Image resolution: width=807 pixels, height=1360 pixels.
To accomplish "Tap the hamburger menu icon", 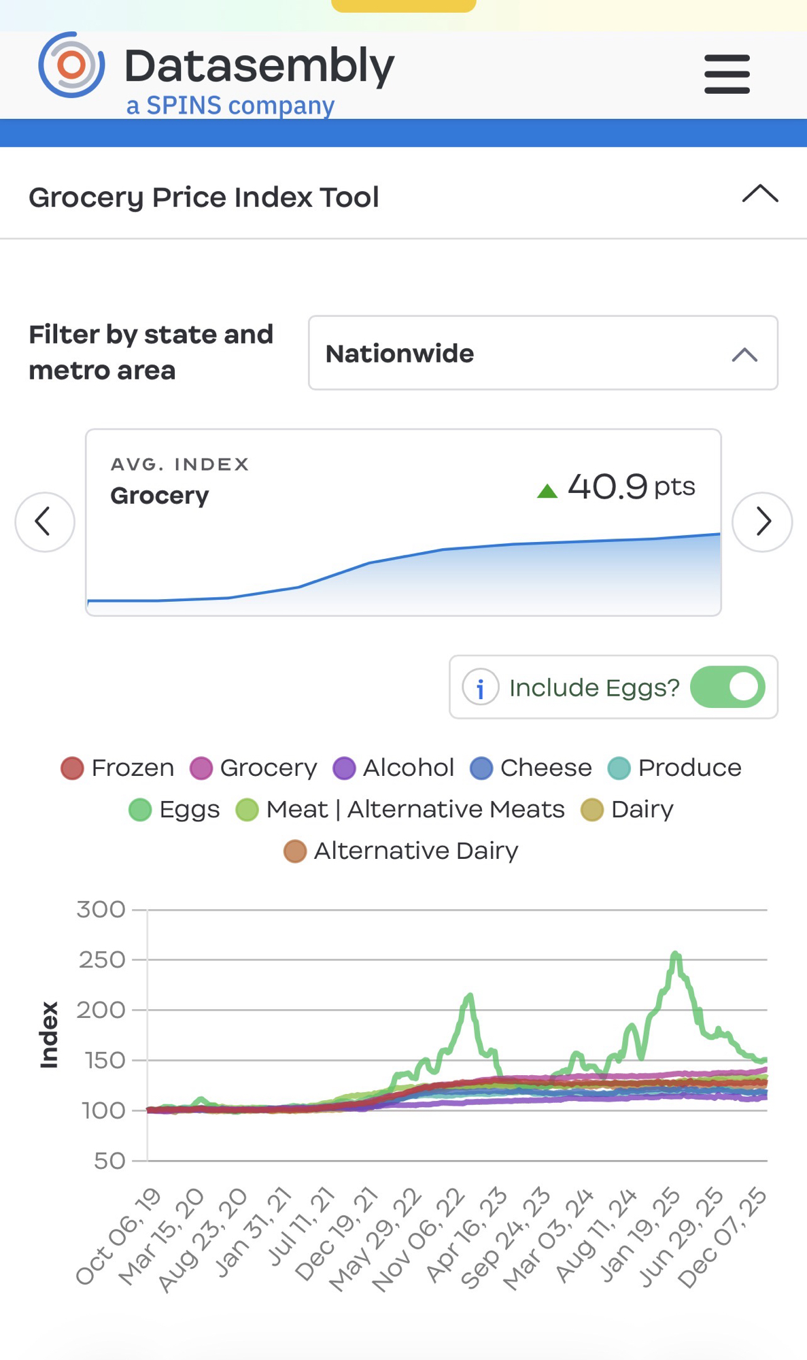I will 727,74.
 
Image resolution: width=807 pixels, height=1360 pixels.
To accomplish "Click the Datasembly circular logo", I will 72,65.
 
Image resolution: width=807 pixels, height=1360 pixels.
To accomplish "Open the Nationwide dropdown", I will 543,353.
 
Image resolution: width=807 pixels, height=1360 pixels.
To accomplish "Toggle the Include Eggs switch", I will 727,687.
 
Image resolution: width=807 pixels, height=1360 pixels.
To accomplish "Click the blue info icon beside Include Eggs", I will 480,687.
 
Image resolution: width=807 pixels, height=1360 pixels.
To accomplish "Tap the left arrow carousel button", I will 45,522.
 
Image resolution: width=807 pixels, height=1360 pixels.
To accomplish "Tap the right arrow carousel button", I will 761,522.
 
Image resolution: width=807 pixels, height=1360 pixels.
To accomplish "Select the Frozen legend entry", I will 118,768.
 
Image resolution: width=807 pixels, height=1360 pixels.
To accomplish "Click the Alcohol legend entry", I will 394,768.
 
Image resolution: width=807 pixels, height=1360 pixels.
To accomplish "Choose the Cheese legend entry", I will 531,768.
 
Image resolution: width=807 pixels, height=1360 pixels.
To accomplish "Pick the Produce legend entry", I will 674,768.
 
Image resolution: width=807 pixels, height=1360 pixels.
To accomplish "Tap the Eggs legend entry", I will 175,809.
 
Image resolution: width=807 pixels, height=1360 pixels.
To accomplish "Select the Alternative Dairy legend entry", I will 401,851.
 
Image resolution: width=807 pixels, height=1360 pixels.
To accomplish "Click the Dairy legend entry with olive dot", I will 627,809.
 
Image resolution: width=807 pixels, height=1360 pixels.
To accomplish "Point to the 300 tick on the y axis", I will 101,909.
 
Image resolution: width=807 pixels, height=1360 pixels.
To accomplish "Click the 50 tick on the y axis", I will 109,1161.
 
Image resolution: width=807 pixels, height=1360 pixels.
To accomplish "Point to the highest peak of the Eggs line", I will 675,954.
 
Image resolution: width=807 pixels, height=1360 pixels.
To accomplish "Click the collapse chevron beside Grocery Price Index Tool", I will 759,194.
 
